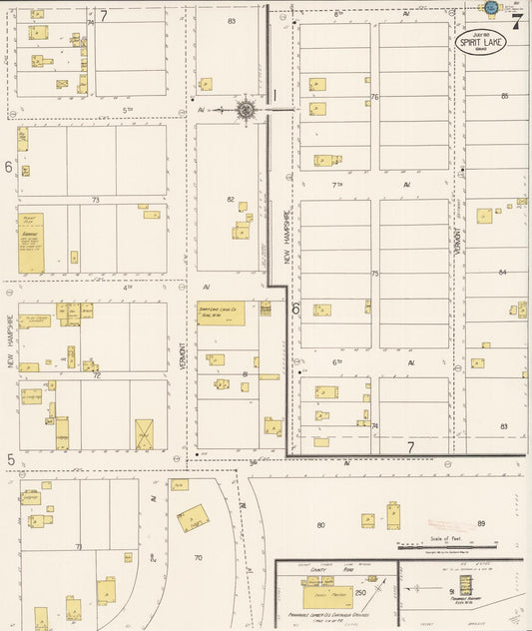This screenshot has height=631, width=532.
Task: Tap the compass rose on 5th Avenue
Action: click(x=246, y=110)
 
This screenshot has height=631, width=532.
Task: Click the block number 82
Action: click(x=231, y=200)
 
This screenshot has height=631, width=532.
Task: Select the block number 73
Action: click(x=96, y=200)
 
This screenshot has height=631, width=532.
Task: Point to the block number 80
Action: click(x=320, y=524)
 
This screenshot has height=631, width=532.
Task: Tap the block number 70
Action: click(x=198, y=557)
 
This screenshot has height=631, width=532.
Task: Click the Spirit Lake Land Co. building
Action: click(x=221, y=313)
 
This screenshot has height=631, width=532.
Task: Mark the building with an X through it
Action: click(x=144, y=433)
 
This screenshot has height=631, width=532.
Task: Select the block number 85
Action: click(x=505, y=96)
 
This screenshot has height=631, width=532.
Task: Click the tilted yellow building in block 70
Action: click(x=193, y=517)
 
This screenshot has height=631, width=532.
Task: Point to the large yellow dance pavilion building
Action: click(x=328, y=591)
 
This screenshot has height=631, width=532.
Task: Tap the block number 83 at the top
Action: click(x=232, y=20)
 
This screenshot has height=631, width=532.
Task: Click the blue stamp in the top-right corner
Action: click(x=490, y=8)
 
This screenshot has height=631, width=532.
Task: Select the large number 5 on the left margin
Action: click(x=10, y=459)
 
